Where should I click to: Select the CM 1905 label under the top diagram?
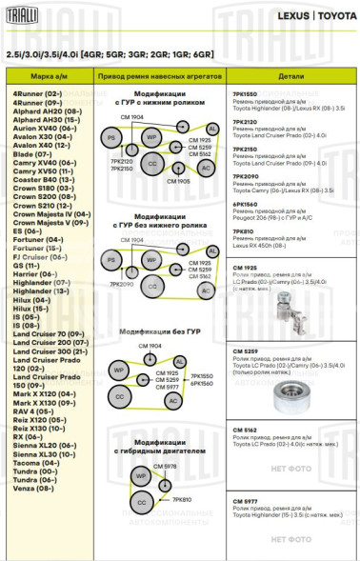177,180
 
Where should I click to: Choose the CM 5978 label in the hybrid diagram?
164,466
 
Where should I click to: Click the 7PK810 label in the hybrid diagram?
181,499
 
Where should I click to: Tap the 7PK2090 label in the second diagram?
121,284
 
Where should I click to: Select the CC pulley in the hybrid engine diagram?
142,502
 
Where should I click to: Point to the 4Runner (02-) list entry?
37,93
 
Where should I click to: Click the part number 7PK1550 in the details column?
245,93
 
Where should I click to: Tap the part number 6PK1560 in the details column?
245,204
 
